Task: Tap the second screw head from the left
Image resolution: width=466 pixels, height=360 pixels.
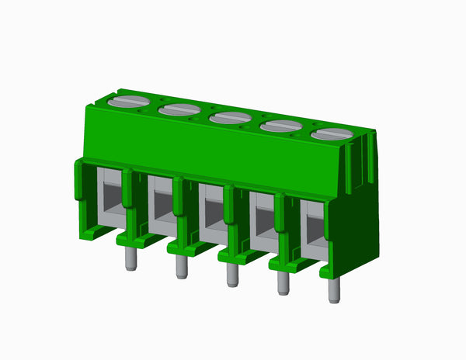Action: click(179, 110)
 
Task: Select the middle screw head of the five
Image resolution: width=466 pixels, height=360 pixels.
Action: click(230, 118)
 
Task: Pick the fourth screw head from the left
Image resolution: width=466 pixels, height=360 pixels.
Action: click(281, 126)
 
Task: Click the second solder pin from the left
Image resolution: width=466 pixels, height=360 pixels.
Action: click(181, 267)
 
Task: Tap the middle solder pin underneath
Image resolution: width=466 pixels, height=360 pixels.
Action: click(231, 275)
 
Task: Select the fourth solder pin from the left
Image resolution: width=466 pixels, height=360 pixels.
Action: click(283, 283)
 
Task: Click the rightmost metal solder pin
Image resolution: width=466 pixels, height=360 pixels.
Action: click(334, 291)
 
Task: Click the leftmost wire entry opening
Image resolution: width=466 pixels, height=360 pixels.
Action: click(110, 198)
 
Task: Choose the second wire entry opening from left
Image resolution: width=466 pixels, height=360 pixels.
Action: click(161, 206)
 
